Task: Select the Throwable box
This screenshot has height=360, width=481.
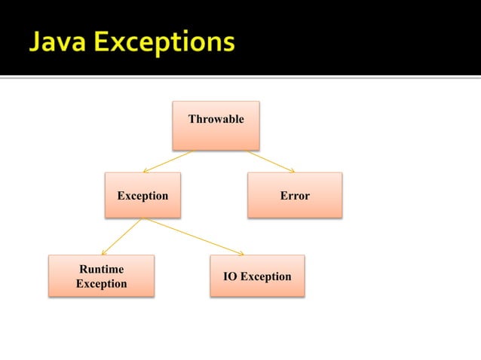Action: click(x=216, y=125)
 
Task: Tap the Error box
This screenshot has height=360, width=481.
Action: click(x=295, y=195)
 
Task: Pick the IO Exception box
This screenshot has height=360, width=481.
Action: click(x=257, y=276)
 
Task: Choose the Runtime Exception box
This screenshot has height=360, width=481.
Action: click(x=101, y=276)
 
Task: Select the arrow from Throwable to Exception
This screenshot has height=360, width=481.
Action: click(x=167, y=161)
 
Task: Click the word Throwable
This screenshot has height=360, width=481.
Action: click(x=216, y=119)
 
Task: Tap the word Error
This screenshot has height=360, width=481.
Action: click(x=295, y=196)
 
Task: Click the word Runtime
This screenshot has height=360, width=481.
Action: click(x=102, y=269)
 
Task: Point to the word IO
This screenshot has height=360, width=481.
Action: click(x=230, y=276)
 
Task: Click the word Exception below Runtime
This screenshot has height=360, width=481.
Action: click(x=101, y=284)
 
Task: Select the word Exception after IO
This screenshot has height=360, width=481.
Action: click(x=265, y=276)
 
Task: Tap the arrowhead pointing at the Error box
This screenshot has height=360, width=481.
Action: click(x=291, y=170)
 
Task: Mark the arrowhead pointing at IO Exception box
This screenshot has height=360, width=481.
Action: click(x=240, y=252)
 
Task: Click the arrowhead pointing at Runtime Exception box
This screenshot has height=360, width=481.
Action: click(x=104, y=252)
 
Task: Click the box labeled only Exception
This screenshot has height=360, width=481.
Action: click(x=142, y=195)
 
